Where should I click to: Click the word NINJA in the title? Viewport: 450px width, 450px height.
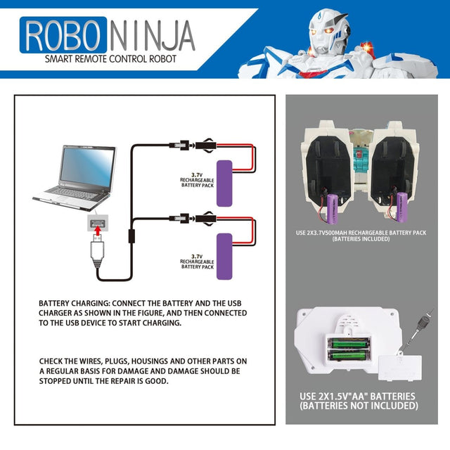point(150,35)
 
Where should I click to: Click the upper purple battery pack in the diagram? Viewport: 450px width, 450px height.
point(224,183)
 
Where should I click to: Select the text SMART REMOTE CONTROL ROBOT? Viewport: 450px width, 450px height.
point(110,59)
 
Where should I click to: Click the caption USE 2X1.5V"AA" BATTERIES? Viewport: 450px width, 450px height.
point(358,397)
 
